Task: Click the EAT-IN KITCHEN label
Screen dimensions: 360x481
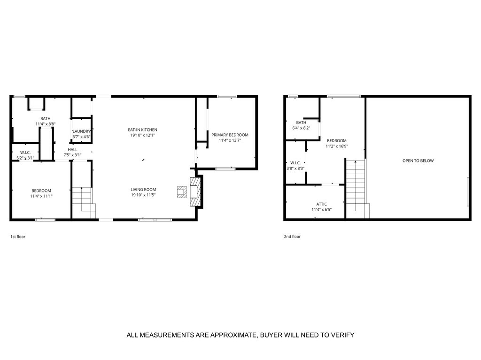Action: click(x=143, y=130)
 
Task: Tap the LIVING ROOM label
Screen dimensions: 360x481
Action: click(x=143, y=189)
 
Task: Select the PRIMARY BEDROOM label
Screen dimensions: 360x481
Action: click(x=230, y=135)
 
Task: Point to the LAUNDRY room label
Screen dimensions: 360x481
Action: click(x=81, y=131)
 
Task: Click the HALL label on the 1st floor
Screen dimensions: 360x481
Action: click(x=72, y=149)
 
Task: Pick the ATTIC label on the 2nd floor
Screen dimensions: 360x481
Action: click(x=321, y=204)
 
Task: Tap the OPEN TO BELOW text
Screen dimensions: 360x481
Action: click(x=418, y=161)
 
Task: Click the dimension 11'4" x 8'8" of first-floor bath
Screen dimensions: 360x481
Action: click(x=46, y=124)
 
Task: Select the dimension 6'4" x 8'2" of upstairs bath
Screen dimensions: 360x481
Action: click(x=301, y=128)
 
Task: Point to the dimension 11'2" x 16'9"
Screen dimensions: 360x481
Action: click(x=336, y=146)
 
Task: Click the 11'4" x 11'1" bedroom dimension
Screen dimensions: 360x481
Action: click(x=41, y=196)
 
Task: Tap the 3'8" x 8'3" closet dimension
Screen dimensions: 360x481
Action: click(x=295, y=168)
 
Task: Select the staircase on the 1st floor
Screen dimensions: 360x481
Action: click(x=83, y=199)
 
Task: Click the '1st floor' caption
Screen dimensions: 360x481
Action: click(x=18, y=237)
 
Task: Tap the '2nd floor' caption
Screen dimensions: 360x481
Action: click(x=292, y=237)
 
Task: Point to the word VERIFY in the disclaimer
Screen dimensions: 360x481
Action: click(x=342, y=335)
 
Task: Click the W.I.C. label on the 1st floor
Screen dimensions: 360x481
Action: click(x=25, y=152)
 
